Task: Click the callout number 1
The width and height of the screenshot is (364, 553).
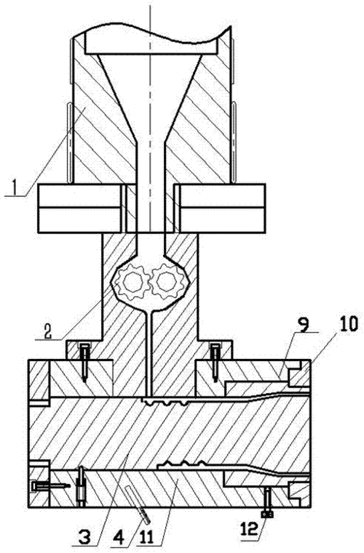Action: (14, 187)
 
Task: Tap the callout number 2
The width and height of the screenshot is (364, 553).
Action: (48, 330)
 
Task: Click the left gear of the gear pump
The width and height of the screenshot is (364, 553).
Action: (133, 282)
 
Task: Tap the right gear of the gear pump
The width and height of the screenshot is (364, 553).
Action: (167, 282)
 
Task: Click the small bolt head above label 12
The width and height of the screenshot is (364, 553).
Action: (267, 514)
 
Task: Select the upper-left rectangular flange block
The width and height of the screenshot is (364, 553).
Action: (79, 209)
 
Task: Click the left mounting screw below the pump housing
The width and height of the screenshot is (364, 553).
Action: (84, 362)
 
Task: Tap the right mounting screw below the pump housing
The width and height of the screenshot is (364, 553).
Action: (214, 362)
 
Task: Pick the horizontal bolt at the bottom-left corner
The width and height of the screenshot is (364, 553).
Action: (50, 485)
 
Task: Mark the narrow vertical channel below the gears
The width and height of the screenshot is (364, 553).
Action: (150, 352)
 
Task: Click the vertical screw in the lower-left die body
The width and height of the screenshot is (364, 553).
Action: (82, 487)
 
